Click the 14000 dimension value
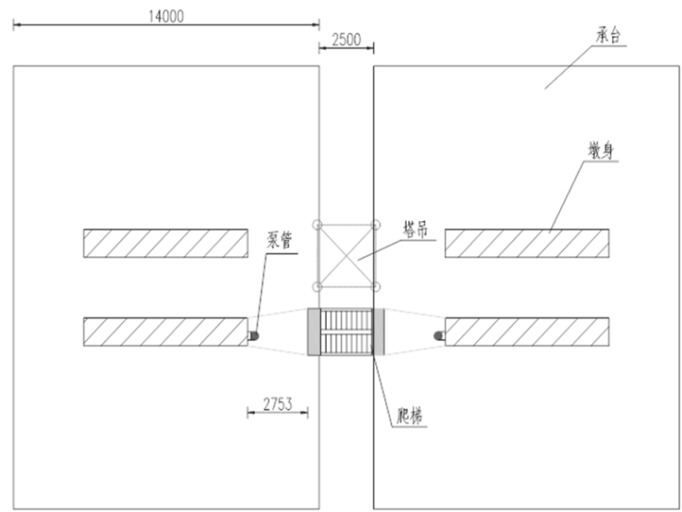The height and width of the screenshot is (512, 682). [x=166, y=16]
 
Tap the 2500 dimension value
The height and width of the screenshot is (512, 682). [x=346, y=40]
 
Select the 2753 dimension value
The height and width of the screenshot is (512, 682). [x=277, y=404]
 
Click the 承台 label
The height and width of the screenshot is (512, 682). [x=608, y=35]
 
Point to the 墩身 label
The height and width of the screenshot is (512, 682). [x=600, y=151]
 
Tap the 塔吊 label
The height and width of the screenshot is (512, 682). [x=415, y=229]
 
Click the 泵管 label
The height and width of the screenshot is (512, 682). [x=279, y=240]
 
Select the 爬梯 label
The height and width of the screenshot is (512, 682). [x=410, y=416]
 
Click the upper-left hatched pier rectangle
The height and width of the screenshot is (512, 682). [x=166, y=243]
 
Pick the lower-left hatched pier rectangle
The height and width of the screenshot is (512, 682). [x=166, y=331]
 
